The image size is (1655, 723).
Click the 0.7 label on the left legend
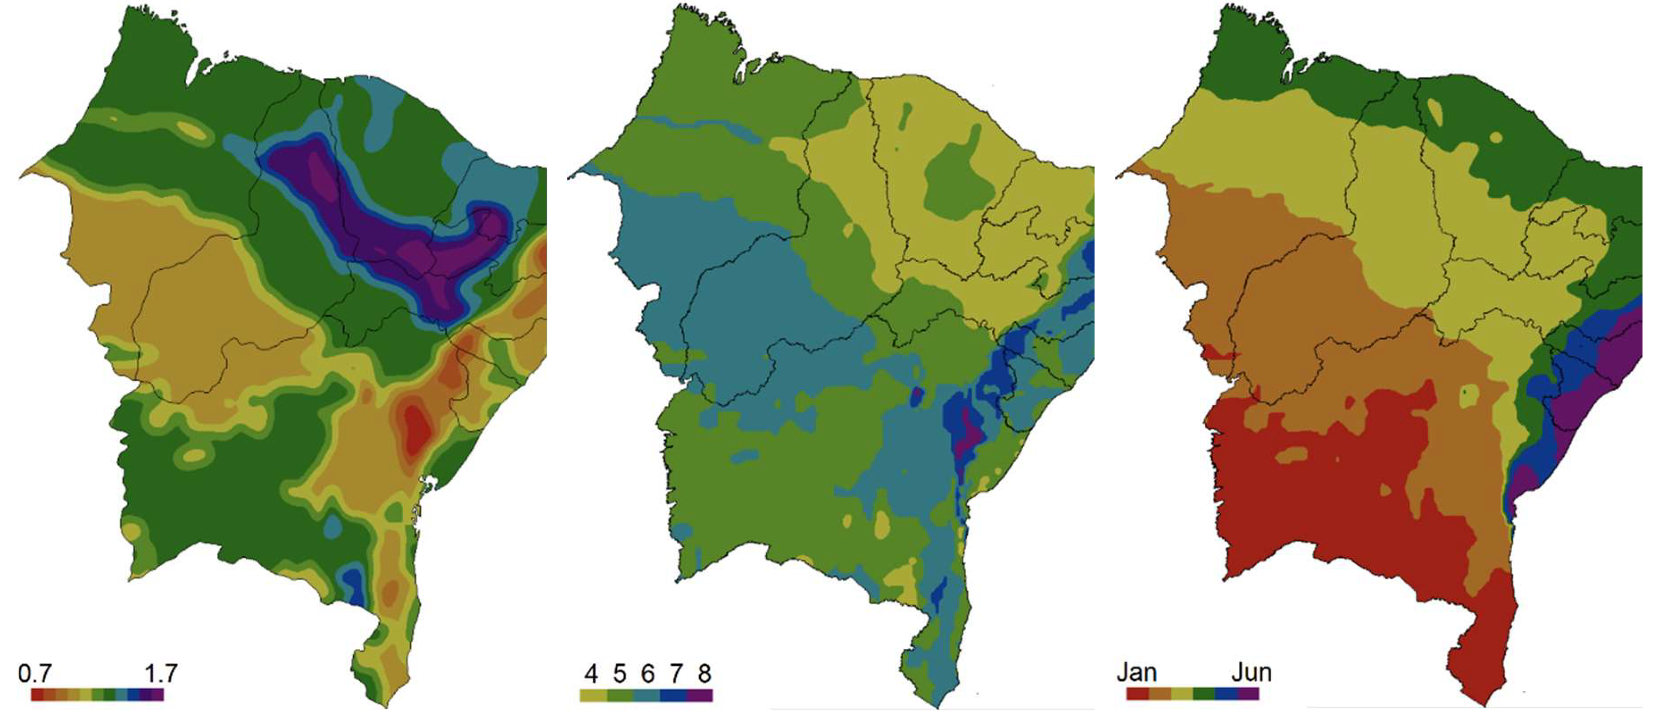pos(35,674)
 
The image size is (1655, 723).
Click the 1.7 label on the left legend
pos(160,674)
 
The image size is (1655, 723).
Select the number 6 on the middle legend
pos(647,674)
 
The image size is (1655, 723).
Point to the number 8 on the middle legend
pos(704,674)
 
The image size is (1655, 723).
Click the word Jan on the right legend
pos(1137,672)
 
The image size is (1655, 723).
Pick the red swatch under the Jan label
pos(1138,694)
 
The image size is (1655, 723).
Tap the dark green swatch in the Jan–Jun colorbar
pos(1204,694)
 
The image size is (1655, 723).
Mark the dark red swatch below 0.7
pos(37,695)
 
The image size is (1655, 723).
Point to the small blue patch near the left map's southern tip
pos(353,583)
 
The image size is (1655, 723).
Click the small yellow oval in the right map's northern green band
pos(1434,113)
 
